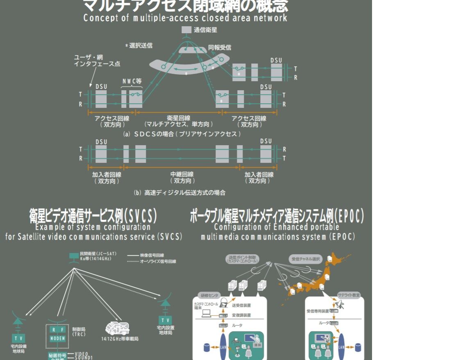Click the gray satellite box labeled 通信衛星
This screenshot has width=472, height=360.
coord(186,30)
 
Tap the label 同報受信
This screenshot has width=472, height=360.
coord(220,48)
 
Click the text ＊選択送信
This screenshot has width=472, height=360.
coord(139,46)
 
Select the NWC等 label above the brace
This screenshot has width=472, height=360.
coord(132,81)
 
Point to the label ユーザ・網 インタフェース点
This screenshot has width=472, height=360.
coord(97,61)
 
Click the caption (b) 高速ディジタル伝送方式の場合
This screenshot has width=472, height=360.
coord(179,192)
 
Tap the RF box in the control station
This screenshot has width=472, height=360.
coord(57,330)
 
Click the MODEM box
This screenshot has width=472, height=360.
coord(57,338)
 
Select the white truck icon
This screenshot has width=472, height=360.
coord(117,328)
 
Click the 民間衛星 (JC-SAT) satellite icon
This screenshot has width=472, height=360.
coord(74,257)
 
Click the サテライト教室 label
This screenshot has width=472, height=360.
coord(349,295)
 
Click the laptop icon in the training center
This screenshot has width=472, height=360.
coord(206,314)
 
